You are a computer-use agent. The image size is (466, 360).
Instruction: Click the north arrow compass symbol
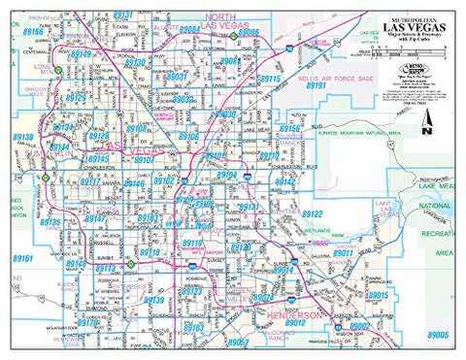pos(427,124)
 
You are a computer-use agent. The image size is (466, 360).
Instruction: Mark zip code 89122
pos(312,213)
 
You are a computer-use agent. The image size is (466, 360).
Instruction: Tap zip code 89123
pos(191,290)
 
